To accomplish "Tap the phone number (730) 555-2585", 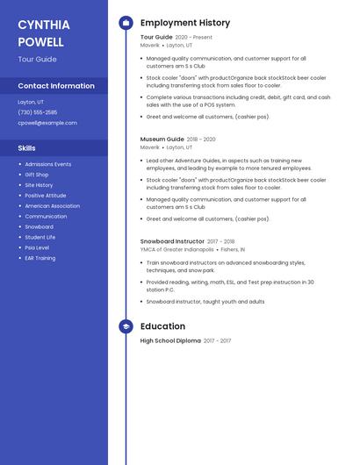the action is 37,112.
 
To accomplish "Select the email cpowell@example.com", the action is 47,123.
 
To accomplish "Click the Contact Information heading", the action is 56,86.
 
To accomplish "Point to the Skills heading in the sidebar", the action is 26,148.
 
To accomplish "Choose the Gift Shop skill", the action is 37,175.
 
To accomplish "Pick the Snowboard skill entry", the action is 40,226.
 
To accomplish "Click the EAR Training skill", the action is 40,258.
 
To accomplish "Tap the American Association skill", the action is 52,205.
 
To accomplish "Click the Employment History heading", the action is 185,23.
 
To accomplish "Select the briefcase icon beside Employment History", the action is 126,23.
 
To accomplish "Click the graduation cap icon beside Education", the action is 126,326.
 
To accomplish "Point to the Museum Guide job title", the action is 162,139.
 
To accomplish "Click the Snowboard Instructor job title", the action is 172,241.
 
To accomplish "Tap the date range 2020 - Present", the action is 194,38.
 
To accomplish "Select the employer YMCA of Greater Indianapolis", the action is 176,249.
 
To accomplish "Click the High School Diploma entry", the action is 170,340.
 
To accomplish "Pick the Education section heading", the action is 162,326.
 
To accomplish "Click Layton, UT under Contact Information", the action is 31,102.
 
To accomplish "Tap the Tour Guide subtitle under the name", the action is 37,60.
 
